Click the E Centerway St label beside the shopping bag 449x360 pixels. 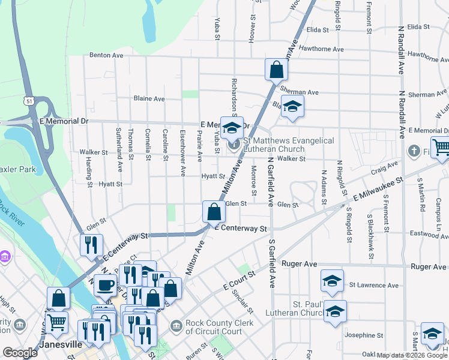pos(240,229)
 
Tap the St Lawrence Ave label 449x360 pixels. pos(373,286)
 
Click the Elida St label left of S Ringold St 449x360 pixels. pos(318,29)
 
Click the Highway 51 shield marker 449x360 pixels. pos(28,100)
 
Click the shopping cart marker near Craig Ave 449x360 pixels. pos(441,146)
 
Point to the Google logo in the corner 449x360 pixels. pos(20,353)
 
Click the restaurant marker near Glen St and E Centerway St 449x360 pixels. pos(91,245)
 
